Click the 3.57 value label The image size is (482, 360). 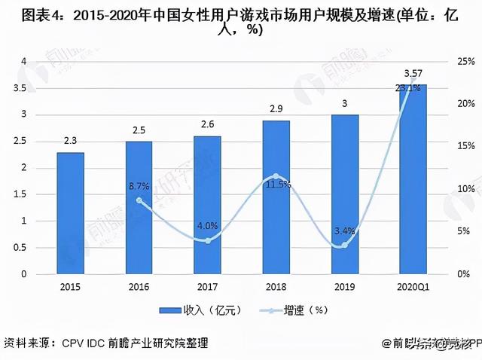pyautogui.click(x=413, y=74)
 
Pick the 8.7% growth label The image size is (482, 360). pyautogui.click(x=139, y=185)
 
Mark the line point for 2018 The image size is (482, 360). pyautogui.click(x=275, y=177)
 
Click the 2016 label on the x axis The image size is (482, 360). pyautogui.click(x=139, y=287)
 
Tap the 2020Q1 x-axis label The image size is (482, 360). pyautogui.click(x=412, y=287)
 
